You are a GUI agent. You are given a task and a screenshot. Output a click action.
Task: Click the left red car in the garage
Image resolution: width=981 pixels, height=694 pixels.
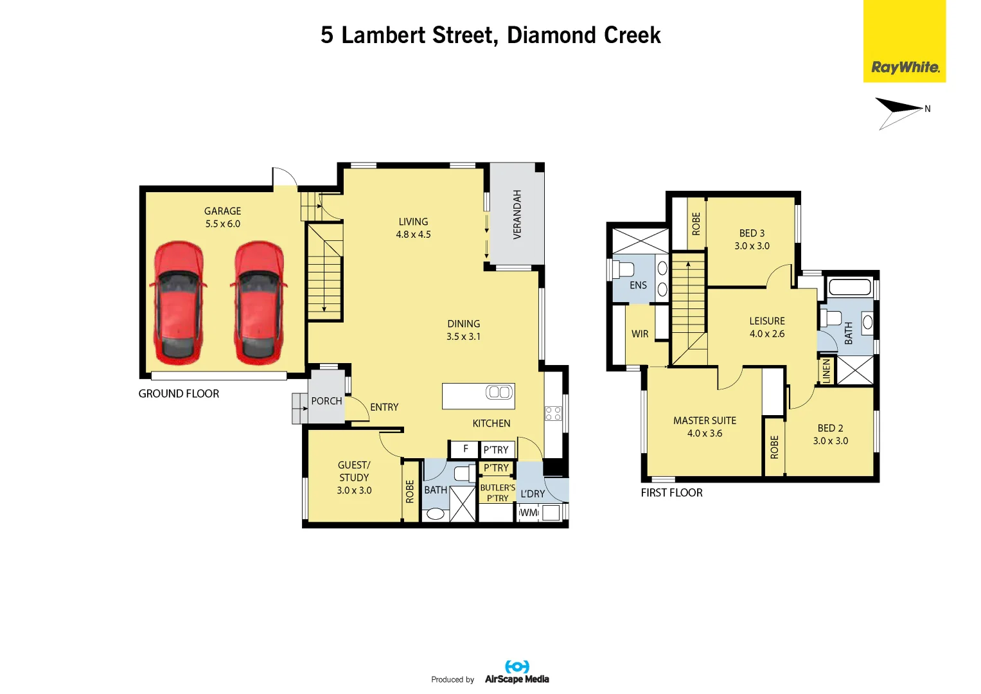(178, 303)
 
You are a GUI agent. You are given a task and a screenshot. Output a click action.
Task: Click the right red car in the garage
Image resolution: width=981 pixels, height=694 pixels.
(259, 303)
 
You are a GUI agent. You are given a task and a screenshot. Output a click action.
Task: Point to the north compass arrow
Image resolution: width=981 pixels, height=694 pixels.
(899, 114)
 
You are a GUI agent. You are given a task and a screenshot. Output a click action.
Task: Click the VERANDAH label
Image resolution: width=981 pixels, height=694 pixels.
(517, 214)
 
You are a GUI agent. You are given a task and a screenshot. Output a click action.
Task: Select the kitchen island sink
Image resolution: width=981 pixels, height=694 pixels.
(499, 392)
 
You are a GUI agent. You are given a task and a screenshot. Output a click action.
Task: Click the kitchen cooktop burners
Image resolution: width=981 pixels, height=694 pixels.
(553, 413)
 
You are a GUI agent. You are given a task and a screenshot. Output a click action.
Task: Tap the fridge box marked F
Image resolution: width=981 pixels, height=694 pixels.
(465, 449)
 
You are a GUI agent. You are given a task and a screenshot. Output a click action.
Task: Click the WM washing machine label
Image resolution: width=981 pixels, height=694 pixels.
(529, 513)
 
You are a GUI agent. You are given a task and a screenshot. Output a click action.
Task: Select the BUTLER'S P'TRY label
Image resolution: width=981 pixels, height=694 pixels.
(497, 493)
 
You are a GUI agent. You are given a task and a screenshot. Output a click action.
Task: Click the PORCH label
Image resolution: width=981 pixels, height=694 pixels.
(326, 401)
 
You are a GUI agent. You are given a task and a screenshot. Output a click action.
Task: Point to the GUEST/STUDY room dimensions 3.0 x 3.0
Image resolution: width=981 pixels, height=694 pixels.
(354, 490)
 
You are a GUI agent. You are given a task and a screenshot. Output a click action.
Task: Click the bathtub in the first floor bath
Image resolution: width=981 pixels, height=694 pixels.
(849, 287)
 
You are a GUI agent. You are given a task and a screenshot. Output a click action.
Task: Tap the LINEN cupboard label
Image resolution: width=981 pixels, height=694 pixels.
(826, 371)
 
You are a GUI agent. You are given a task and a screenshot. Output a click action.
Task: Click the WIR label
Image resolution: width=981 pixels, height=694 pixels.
(640, 334)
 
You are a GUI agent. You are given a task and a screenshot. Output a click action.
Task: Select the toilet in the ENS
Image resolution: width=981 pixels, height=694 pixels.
(623, 268)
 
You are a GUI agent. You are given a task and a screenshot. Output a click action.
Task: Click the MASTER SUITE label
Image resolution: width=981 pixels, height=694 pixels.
(705, 421)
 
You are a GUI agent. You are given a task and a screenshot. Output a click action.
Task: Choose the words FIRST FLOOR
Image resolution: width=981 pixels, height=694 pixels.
(671, 492)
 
